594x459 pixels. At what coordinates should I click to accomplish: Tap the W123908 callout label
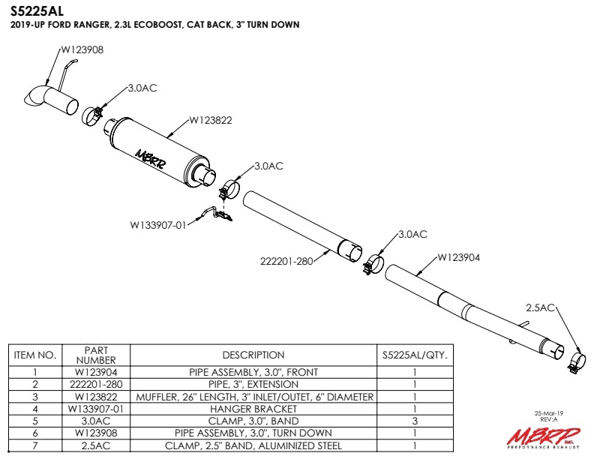point(82,49)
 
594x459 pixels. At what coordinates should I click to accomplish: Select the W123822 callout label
point(211,118)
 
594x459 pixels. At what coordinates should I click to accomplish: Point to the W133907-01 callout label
point(157,223)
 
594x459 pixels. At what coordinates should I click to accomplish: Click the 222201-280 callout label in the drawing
point(284,261)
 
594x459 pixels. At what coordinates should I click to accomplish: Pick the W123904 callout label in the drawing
point(458,257)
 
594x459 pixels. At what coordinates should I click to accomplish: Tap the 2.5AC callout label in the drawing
point(540,307)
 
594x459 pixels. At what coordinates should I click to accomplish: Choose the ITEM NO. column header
point(36,355)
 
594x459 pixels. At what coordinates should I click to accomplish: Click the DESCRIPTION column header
point(253,355)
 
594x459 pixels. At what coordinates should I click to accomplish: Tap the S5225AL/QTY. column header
point(415,355)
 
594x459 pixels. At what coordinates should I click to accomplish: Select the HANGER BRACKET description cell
point(253,409)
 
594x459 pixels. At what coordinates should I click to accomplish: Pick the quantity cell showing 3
point(415,421)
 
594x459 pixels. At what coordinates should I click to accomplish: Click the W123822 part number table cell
point(97,397)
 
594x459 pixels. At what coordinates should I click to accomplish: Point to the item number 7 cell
point(36,445)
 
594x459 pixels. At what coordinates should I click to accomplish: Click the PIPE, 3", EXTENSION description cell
point(253,384)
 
